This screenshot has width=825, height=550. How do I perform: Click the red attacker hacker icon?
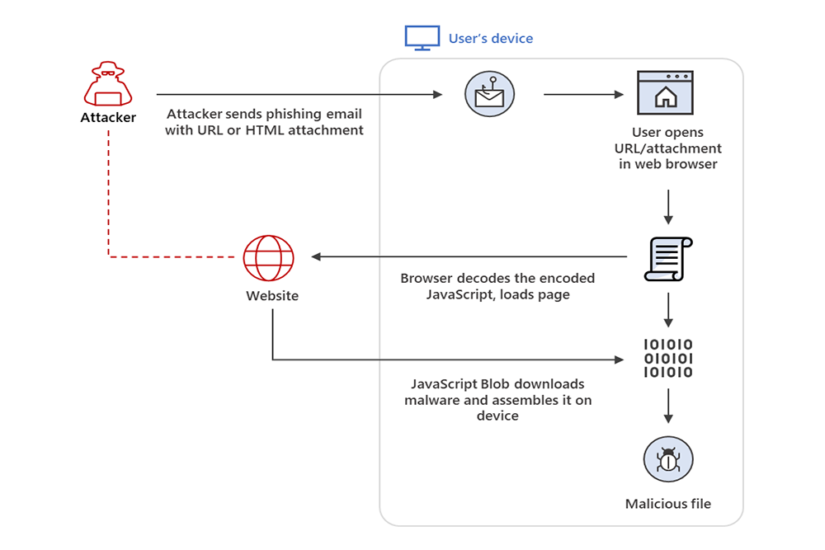coord(108,82)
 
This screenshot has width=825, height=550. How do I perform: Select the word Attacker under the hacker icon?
coord(108,118)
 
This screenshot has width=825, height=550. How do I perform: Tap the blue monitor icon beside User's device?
coord(417,38)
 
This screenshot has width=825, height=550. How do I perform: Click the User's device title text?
coord(491,38)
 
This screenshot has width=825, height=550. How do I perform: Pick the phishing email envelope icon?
coord(489,95)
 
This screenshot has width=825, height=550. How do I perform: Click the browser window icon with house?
coord(664,93)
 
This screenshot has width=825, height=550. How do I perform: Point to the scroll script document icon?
coord(667,258)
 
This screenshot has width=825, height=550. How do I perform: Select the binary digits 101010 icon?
coord(667,359)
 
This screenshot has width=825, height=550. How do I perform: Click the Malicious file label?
coord(667,504)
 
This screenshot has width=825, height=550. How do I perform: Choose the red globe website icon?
coord(269,258)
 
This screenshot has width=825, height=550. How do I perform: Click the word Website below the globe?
coord(272,296)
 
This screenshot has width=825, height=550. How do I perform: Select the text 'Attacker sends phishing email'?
coord(264,114)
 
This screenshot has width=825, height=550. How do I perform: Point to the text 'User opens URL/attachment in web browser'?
coord(668,148)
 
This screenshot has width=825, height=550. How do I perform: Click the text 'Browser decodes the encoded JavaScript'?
coord(497,279)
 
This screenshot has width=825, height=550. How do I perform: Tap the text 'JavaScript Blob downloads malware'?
coord(497,384)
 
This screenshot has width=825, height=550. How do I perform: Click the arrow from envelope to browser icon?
coord(582,95)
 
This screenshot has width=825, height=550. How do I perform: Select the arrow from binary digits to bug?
coord(667,404)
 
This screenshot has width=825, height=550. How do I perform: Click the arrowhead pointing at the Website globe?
coord(317,257)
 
